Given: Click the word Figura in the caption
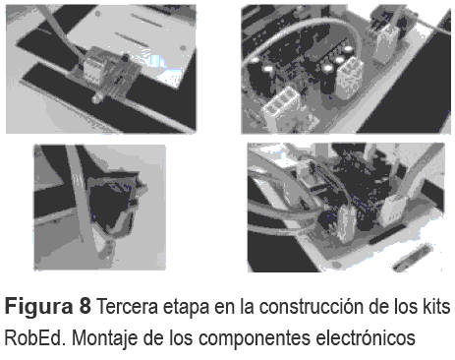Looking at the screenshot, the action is point(38,308).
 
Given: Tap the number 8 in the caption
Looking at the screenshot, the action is point(85,306).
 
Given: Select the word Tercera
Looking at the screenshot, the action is point(128,306).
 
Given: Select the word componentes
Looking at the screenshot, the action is point(255,338).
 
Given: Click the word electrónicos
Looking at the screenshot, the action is point(366,336).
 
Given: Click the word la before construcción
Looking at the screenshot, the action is point(248,306).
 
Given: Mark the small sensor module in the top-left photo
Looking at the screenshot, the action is point(104,70).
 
